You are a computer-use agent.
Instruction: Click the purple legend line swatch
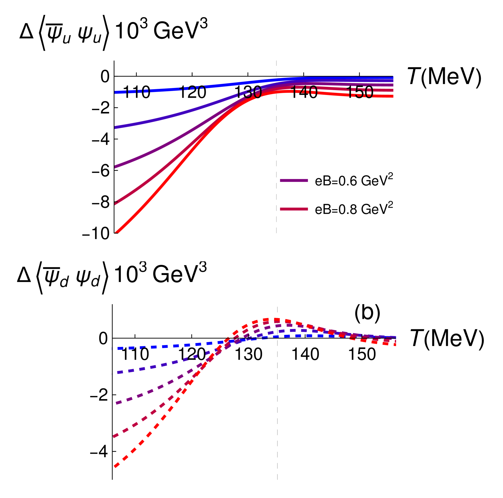tap(294, 180)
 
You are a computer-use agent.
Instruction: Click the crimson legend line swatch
tap(294, 209)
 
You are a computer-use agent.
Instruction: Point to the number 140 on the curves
tap(304, 91)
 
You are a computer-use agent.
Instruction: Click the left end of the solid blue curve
tap(115, 92)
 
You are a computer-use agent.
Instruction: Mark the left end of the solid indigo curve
tap(115, 127)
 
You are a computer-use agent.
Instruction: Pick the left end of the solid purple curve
tap(115, 167)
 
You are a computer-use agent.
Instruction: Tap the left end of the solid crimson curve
tap(115, 204)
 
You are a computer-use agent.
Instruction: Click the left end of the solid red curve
tap(115, 233)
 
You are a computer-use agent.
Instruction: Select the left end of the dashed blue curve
tap(115, 348)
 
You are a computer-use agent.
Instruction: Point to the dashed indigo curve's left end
tap(115, 373)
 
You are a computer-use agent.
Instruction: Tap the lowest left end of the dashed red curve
tap(115, 466)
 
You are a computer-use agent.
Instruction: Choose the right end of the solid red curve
tap(392, 96)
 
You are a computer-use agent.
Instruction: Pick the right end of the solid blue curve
tap(392, 78)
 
